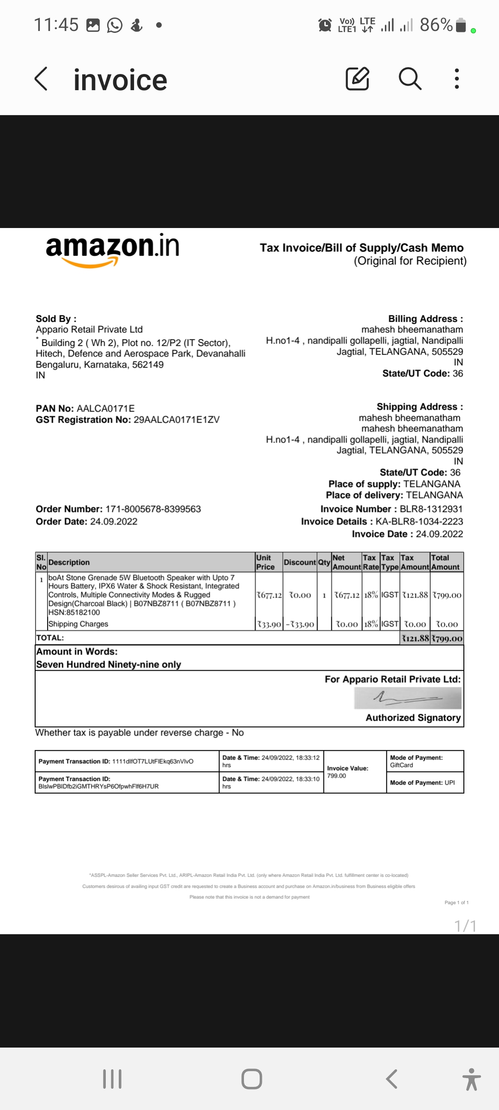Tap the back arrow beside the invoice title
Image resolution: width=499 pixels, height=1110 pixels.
pyautogui.click(x=41, y=79)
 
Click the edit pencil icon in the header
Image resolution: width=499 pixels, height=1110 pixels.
pyautogui.click(x=358, y=78)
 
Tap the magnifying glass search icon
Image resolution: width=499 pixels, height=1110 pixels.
pyautogui.click(x=410, y=78)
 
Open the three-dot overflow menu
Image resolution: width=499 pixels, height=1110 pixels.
pyautogui.click(x=456, y=79)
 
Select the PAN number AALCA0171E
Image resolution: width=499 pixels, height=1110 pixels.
pyautogui.click(x=105, y=408)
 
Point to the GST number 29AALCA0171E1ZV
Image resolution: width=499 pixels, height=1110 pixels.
pyautogui.click(x=176, y=419)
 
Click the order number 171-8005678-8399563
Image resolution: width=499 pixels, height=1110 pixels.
pyautogui.click(x=153, y=509)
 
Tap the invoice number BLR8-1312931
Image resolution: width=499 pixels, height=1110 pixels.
pyautogui.click(x=431, y=509)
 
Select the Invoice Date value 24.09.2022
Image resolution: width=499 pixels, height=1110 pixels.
pyautogui.click(x=439, y=534)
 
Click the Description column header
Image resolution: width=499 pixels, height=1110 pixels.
pyautogui.click(x=69, y=562)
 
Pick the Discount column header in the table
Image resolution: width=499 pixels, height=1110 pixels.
pyautogui.click(x=300, y=562)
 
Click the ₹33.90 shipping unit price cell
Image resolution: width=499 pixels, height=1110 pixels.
pyautogui.click(x=269, y=624)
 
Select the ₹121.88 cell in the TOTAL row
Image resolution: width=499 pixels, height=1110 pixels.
pyautogui.click(x=415, y=638)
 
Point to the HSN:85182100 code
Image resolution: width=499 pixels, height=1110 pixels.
pyautogui.click(x=74, y=612)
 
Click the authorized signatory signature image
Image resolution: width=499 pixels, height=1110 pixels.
pyautogui.click(x=408, y=698)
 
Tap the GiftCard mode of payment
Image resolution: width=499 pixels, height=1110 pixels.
pyautogui.click(x=402, y=765)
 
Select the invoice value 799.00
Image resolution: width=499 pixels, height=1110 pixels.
pyautogui.click(x=336, y=776)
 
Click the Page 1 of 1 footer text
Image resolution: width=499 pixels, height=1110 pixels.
pyautogui.click(x=456, y=902)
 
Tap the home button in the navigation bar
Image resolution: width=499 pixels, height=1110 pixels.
pyautogui.click(x=252, y=1079)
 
